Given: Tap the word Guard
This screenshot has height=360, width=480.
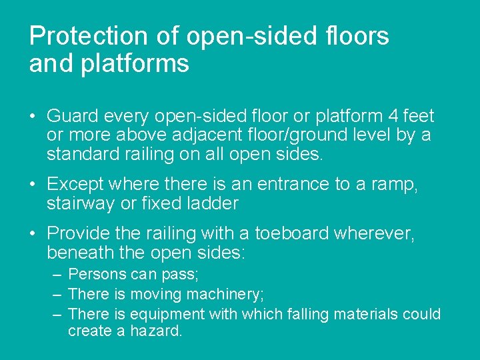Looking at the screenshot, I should (73, 116).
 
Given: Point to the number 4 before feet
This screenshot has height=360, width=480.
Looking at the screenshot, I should (393, 116).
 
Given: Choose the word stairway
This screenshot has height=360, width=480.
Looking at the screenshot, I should (82, 203).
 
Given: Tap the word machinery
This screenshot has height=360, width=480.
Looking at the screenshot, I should (225, 294).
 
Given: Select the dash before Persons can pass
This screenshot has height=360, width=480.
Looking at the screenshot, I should (57, 275).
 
